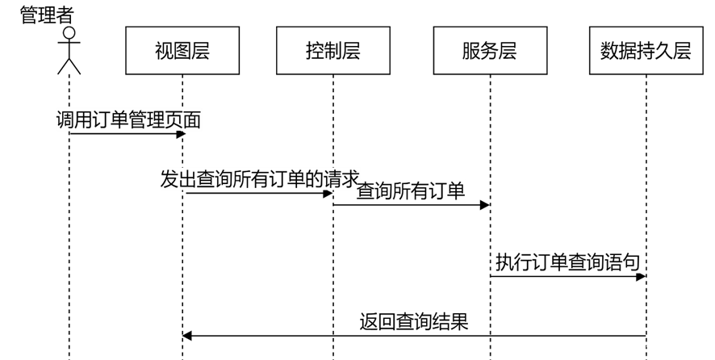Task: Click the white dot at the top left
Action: (69, 33)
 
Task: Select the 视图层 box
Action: (182, 51)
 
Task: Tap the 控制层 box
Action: (333, 51)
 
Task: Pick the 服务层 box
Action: (490, 51)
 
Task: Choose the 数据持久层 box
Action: (646, 51)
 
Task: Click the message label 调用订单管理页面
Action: (129, 121)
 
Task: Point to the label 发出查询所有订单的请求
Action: (260, 179)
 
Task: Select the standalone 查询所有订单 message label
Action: (412, 191)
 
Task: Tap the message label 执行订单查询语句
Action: (568, 262)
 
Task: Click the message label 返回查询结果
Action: (414, 322)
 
